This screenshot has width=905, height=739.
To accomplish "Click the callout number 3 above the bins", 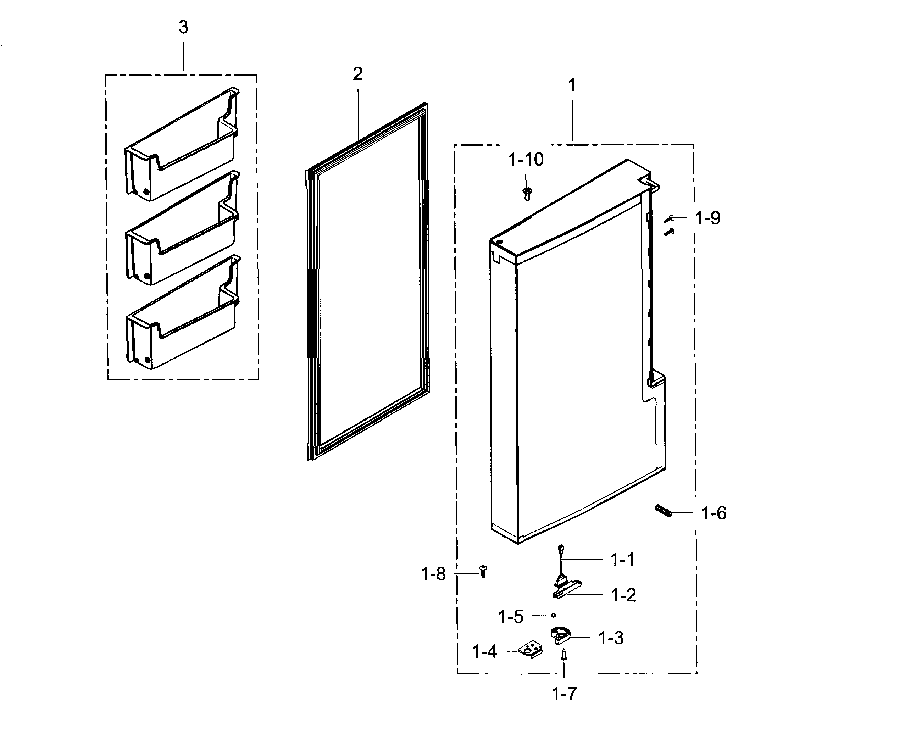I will tap(183, 27).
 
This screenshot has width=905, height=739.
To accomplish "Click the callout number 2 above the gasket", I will tap(357, 74).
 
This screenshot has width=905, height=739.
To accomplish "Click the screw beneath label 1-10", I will tap(527, 194).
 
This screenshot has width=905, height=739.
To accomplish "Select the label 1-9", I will tap(707, 218).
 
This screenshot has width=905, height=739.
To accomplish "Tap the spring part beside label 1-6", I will tap(663, 510).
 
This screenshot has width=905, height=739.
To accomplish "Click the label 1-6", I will tap(714, 513).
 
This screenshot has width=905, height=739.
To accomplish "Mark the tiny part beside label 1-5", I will tap(553, 615).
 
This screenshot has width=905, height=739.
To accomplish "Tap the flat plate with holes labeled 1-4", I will tap(531, 650).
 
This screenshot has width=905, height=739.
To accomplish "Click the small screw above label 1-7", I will tap(564, 654).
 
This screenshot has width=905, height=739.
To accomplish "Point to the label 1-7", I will tap(564, 694).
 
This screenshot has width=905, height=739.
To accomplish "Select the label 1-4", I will tap(484, 651).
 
